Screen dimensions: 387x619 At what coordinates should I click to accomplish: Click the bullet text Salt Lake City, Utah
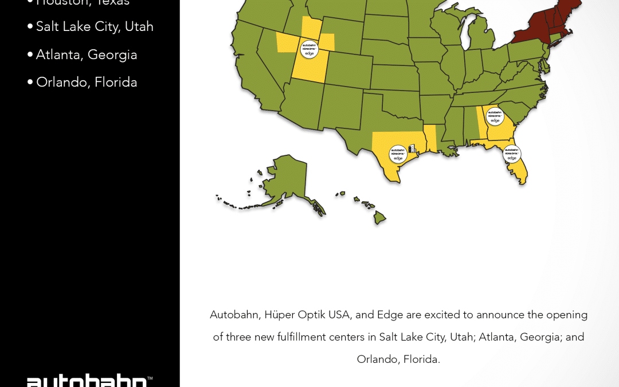pos(95,27)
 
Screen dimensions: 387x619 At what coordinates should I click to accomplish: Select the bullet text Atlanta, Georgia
pos(87,55)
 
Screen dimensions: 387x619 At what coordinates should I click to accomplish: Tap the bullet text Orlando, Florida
pos(87,83)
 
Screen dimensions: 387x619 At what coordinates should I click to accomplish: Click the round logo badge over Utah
pos(309,49)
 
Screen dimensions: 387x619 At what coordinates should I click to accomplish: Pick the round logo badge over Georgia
pos(495,116)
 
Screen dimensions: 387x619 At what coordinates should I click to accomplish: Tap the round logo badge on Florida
pos(512,154)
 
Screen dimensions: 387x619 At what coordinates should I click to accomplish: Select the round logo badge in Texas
pos(398,154)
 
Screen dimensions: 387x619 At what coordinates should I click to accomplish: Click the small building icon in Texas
pos(412,148)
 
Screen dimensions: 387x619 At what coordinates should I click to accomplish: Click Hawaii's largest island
pos(380,218)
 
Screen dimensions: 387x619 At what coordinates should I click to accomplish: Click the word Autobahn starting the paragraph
pos(233,315)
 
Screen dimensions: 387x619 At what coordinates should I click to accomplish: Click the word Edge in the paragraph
pos(389,315)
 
